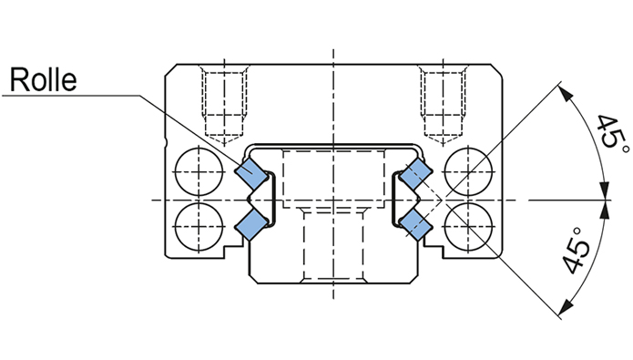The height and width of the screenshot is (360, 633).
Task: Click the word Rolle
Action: click(43, 79)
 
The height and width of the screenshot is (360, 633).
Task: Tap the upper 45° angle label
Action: click(612, 133)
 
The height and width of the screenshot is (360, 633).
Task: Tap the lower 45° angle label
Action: click(577, 250)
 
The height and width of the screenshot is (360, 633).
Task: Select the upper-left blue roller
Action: click(251, 174)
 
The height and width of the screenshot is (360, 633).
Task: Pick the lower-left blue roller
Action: click(251, 224)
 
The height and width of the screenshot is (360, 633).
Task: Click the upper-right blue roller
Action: click(415, 174)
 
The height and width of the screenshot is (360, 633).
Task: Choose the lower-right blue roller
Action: click(415, 224)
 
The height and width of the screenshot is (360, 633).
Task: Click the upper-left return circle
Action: click(199, 172)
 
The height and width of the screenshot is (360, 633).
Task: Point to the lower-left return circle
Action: click(199, 227)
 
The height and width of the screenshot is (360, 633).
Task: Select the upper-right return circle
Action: click(468, 172)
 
